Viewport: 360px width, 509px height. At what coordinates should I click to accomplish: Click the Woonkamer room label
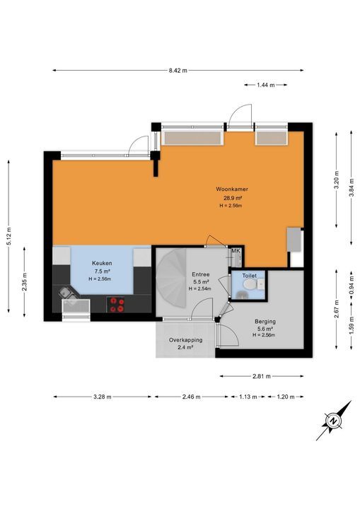click(x=232, y=189)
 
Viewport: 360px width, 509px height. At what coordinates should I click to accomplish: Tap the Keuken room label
click(x=102, y=263)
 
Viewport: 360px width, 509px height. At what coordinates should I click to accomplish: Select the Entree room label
click(x=201, y=274)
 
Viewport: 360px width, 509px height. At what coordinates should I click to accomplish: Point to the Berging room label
click(x=266, y=321)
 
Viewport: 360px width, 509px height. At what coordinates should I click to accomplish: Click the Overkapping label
click(x=186, y=340)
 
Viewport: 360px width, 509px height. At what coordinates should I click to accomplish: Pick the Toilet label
click(x=249, y=275)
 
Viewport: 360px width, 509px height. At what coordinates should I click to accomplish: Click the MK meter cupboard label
click(x=236, y=251)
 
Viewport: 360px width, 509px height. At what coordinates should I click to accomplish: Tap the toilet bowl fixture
click(x=248, y=285)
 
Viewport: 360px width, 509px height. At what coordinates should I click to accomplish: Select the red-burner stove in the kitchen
click(x=118, y=304)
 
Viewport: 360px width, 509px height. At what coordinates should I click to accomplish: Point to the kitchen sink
click(x=69, y=292)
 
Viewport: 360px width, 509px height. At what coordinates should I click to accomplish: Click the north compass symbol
click(x=332, y=422)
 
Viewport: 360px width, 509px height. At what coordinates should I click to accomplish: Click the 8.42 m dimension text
click(x=178, y=71)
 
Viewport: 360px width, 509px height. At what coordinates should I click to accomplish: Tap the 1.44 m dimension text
click(x=265, y=84)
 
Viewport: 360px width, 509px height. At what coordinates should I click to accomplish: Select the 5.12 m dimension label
click(x=9, y=235)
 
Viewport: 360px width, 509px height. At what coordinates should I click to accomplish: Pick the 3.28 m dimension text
click(x=103, y=397)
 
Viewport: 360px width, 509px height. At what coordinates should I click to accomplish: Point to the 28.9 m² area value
click(x=232, y=198)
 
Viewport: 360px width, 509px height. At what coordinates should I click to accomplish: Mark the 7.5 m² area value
click(x=102, y=271)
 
